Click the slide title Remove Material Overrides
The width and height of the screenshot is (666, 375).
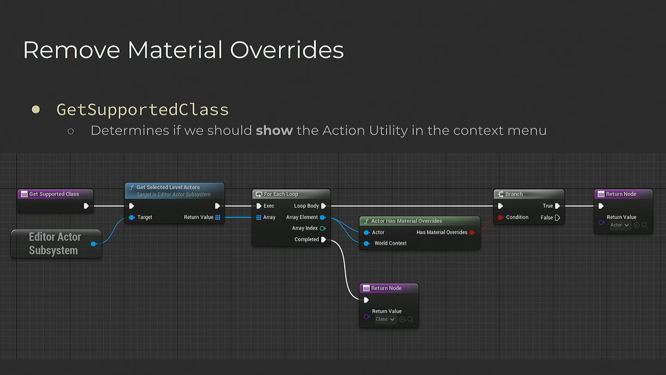tap(183, 50)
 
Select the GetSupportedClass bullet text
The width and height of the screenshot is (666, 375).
tap(143, 109)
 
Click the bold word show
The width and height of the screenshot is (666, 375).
tap(274, 131)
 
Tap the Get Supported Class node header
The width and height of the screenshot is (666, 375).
tap(56, 194)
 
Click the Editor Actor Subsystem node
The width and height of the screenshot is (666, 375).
tap(56, 244)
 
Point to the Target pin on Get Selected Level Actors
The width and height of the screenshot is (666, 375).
tap(132, 217)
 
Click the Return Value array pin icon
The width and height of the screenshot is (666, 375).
tap(218, 218)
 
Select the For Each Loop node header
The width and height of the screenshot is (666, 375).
tap(291, 194)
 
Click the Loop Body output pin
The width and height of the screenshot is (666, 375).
tap(324, 206)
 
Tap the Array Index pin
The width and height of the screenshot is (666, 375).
tap(322, 228)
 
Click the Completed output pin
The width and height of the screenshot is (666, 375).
tap(324, 239)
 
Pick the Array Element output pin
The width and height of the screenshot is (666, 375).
tap(322, 217)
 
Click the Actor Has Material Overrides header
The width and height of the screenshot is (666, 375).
tap(420, 221)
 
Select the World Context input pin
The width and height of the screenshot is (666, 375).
tap(367, 243)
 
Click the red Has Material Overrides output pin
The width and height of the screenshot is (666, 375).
tap(472, 232)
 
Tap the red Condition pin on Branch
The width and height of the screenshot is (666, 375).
tap(501, 217)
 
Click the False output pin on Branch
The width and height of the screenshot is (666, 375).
tap(557, 218)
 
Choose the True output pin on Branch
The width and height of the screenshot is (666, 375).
tap(557, 206)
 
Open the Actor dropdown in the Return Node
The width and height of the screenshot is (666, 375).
tap(619, 226)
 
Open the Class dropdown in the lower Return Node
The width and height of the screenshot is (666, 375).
tap(385, 319)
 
